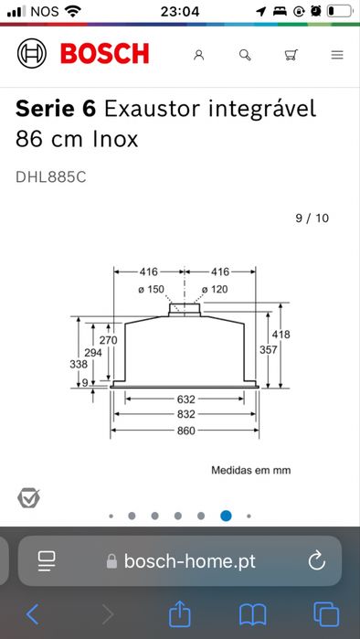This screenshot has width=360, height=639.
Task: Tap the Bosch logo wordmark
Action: tap(104, 54)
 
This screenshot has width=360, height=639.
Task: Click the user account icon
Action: tap(198, 55)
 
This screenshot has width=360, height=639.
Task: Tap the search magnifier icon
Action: tap(245, 55)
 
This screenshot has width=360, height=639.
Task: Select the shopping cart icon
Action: tap(291, 55)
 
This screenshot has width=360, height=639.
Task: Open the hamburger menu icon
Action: tap(337, 55)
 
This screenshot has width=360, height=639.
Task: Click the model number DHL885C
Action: tap(51, 176)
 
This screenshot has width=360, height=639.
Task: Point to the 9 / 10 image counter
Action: tap(312, 218)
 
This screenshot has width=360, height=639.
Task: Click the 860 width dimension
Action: tap(185, 431)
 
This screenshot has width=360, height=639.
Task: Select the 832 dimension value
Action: tap(185, 414)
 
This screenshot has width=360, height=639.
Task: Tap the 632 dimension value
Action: tap(185, 399)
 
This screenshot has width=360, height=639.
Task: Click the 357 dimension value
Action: tap(268, 350)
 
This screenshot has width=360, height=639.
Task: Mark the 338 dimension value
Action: tap(79, 364)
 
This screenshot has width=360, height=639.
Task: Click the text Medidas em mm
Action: tap(250, 470)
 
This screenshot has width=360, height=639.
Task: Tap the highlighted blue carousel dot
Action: tap(226, 516)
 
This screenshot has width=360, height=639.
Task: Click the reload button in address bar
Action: tap(317, 560)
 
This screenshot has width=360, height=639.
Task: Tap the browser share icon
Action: tap(181, 612)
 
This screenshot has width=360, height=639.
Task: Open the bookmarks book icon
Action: tap(253, 612)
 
